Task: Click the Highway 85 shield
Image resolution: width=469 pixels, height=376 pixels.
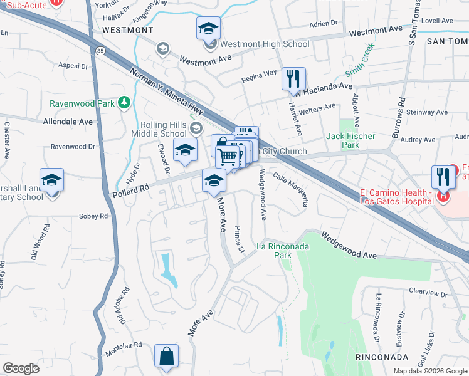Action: click(100, 48)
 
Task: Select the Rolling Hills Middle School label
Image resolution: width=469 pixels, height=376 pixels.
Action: click(159, 129)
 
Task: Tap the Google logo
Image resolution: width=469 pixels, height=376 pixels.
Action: click(21, 368)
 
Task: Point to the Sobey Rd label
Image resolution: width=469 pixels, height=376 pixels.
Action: click(93, 216)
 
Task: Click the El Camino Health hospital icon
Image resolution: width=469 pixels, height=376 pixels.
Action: click(443, 196)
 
